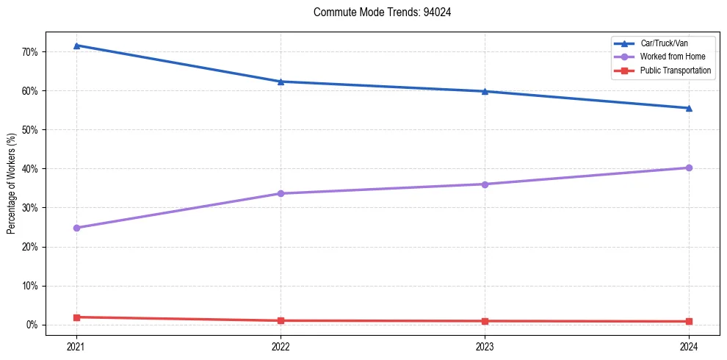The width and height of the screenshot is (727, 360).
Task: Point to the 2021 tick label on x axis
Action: pyautogui.click(x=76, y=345)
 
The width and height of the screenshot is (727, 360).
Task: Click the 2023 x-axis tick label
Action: pyautogui.click(x=485, y=345)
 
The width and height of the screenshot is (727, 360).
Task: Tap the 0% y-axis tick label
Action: pyautogui.click(x=32, y=325)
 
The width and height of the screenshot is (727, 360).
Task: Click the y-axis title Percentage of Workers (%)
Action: pyautogui.click(x=12, y=183)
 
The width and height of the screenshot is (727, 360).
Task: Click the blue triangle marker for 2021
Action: pyautogui.click(x=76, y=46)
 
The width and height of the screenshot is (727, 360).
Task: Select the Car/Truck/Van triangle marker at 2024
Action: pyautogui.click(x=689, y=108)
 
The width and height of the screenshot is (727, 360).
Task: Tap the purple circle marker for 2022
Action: pyautogui.click(x=281, y=193)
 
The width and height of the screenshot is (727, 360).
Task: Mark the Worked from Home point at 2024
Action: pyautogui.click(x=689, y=168)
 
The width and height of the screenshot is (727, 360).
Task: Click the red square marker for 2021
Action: pyautogui.click(x=76, y=317)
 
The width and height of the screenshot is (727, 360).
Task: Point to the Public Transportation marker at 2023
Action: pyautogui.click(x=485, y=321)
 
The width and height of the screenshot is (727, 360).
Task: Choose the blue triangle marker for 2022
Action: pyautogui.click(x=281, y=82)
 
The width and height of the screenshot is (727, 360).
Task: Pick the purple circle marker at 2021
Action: pyautogui.click(x=76, y=228)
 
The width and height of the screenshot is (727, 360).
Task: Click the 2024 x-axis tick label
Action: pyautogui.click(x=689, y=345)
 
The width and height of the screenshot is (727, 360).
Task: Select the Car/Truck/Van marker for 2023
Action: pyautogui.click(x=485, y=91)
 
